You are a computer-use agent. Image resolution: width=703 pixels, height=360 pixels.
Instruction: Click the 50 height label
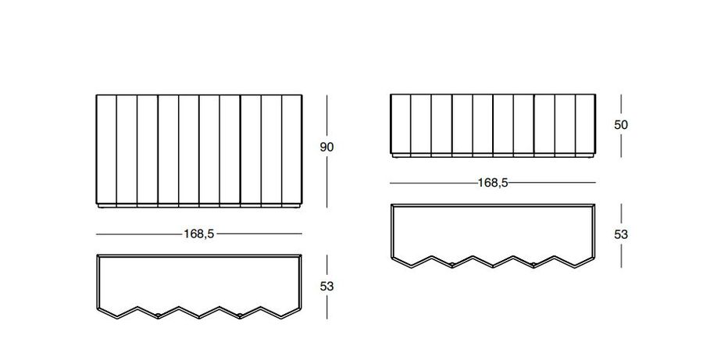(x=621, y=124)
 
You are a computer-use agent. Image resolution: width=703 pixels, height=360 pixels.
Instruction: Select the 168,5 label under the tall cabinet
(x=198, y=233)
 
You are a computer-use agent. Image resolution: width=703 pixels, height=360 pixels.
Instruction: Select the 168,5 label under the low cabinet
(x=493, y=183)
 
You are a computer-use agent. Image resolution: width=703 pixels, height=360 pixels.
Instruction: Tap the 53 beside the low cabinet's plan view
(x=621, y=233)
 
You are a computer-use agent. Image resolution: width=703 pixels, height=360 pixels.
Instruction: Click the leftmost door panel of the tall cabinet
(x=106, y=151)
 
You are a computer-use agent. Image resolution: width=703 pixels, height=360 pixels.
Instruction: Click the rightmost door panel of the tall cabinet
(x=291, y=151)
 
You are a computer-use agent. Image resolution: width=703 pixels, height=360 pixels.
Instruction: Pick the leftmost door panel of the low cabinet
(x=400, y=124)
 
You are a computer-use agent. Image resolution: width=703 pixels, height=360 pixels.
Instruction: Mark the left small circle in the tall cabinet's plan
(x=159, y=315)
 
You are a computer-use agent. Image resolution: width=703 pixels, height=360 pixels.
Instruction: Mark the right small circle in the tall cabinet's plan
(x=240, y=315)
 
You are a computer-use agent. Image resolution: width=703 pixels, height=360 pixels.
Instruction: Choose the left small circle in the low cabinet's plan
(x=451, y=266)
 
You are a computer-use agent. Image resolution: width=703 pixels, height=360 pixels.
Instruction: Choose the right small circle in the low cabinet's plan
(x=533, y=266)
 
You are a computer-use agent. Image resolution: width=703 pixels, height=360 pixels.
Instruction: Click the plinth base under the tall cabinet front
(x=198, y=209)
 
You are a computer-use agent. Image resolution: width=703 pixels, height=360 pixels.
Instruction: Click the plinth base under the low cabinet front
(x=493, y=157)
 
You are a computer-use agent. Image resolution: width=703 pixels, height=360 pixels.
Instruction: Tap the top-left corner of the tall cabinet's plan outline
(x=98, y=255)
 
